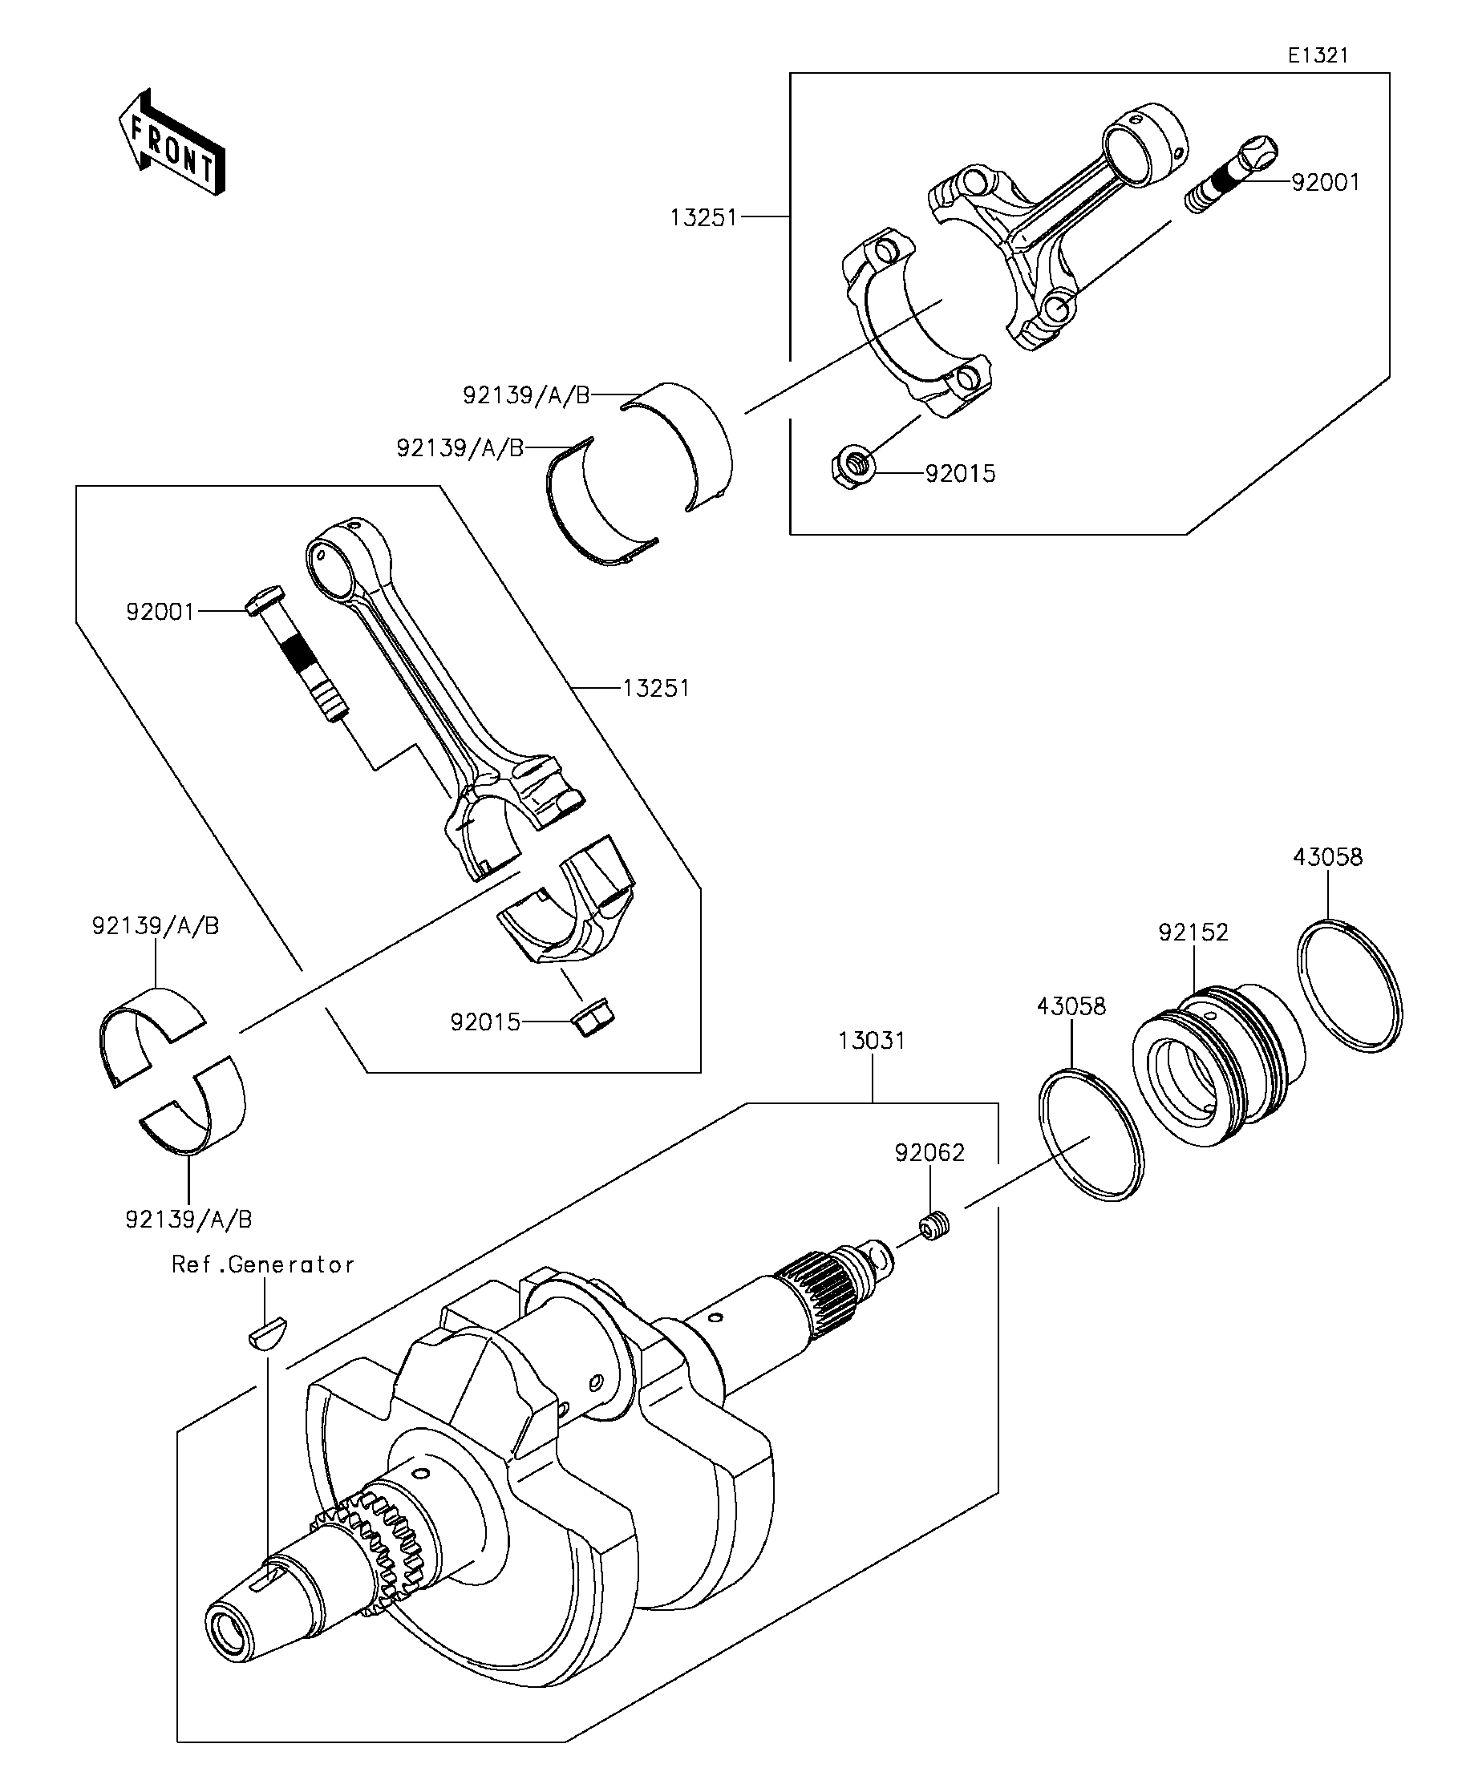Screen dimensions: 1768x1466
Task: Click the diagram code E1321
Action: click(1317, 55)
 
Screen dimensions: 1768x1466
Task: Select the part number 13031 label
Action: click(872, 1041)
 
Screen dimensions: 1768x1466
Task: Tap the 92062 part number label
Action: click(929, 1152)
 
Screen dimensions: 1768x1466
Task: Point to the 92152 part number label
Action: click(1193, 932)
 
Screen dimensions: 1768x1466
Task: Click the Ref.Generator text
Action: click(263, 1264)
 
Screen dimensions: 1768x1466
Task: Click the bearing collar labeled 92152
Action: click(1213, 1062)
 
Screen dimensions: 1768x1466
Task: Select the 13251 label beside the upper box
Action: click(703, 218)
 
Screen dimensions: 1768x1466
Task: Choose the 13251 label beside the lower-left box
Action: click(656, 689)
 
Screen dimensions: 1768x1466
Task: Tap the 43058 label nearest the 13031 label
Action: click(1071, 1006)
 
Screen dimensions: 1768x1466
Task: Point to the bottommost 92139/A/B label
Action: click(188, 1218)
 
